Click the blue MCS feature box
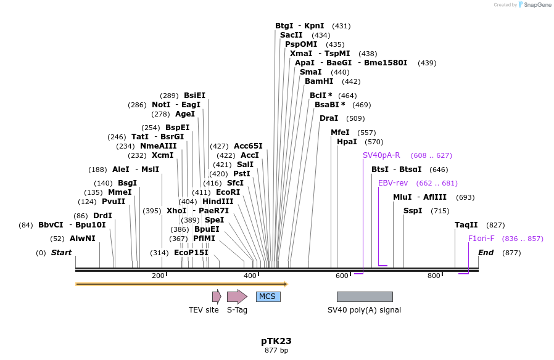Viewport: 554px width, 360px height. [268, 297]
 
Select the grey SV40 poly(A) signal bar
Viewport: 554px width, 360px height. [365, 297]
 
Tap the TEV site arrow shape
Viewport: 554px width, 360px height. [217, 297]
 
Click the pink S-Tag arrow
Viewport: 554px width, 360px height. [237, 297]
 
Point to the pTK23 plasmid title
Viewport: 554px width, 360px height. [276, 341]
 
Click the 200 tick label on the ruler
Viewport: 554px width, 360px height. [158, 276]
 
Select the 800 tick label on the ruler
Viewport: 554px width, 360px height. [434, 276]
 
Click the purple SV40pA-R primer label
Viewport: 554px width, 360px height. [381, 155]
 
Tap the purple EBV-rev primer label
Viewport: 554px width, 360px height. [393, 183]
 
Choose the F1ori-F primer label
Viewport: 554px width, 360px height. [481, 239]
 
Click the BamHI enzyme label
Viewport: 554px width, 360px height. [319, 81]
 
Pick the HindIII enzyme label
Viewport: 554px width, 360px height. [218, 202]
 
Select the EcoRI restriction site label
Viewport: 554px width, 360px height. [228, 192]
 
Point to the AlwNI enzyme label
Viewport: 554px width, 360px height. [82, 239]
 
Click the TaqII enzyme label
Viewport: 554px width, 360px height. [466, 225]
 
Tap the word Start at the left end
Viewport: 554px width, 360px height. [61, 253]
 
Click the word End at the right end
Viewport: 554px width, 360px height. [486, 253]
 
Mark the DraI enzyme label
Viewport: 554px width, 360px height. [329, 118]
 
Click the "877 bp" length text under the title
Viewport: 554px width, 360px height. [276, 351]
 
